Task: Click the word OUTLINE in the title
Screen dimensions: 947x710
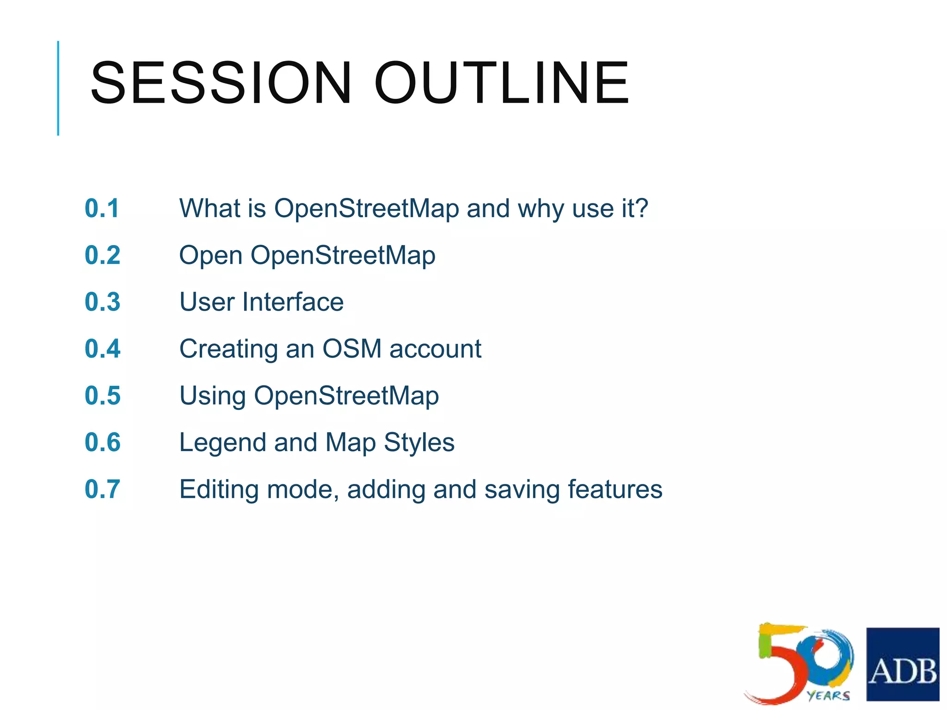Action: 502,83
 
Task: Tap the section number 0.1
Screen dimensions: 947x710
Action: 102,208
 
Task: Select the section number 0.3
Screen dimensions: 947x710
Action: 102,302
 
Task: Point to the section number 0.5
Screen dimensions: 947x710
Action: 102,396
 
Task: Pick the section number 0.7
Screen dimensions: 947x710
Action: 102,489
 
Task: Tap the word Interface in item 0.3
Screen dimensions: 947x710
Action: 293,302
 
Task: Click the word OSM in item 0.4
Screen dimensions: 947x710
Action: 352,349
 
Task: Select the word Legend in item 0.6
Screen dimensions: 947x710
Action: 222,443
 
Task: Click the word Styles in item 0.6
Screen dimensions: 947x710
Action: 419,443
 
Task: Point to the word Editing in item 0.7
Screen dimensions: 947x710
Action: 219,490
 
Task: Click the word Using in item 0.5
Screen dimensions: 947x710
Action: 212,397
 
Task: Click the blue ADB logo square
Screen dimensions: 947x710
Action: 902,664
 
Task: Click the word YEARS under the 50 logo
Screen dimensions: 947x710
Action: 828,695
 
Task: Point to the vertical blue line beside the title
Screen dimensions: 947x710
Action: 58,88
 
